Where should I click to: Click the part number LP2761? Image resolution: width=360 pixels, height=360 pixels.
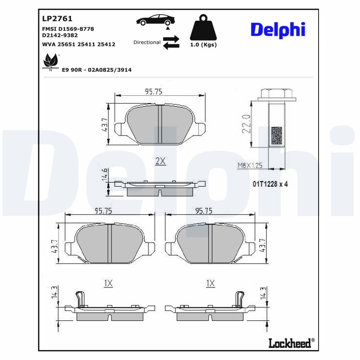pyautogui.click(x=57, y=19)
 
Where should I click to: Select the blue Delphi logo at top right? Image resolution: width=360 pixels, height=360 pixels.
pyautogui.click(x=278, y=29)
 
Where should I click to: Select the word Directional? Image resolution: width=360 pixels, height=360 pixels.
pyautogui.click(x=147, y=42)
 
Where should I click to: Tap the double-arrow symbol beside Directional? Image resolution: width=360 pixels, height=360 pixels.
pyautogui.click(x=171, y=43)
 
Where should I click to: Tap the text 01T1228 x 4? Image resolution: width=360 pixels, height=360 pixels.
pyautogui.click(x=270, y=184)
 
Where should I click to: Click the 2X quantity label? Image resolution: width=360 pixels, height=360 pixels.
pyautogui.click(x=160, y=161)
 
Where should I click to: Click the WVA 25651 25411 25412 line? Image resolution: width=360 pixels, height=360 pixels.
pyautogui.click(x=78, y=45)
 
